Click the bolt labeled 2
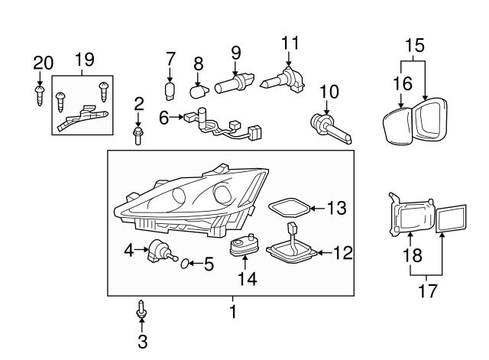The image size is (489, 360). point(138,136)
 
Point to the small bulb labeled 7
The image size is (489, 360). point(171,90)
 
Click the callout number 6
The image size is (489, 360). point(164,117)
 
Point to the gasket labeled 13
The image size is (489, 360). point(288,207)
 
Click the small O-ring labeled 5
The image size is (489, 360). point(183,264)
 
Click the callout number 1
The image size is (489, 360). point(233,312)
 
